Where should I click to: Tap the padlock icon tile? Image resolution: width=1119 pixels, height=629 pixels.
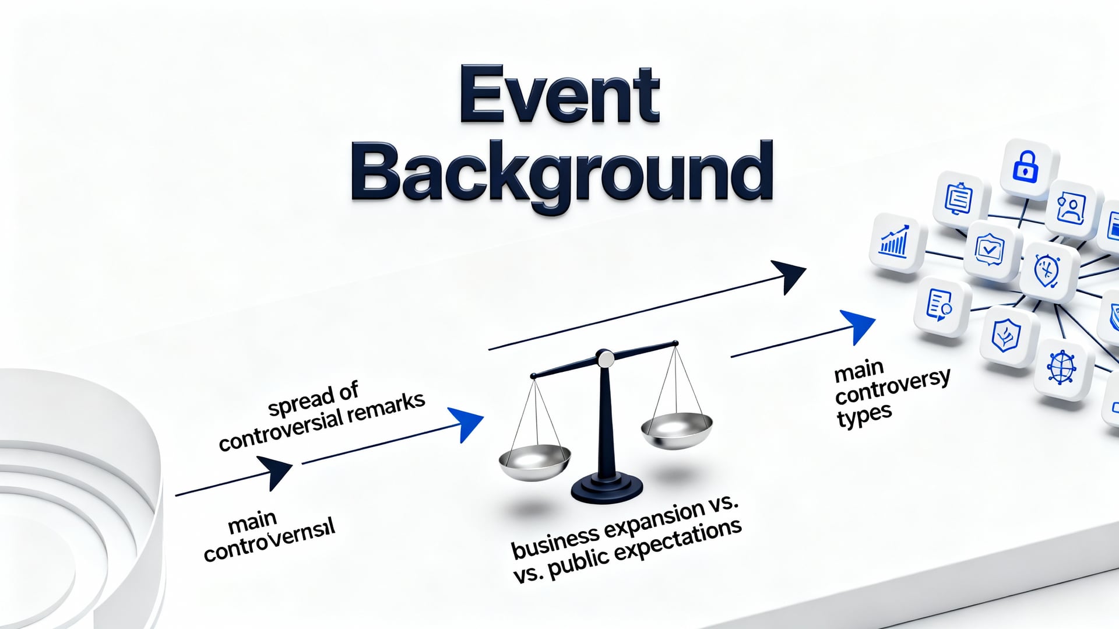pos(1026,166)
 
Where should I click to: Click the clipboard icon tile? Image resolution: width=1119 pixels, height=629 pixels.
pos(959,199)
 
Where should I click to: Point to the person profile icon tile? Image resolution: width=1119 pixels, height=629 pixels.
pos(1072,208)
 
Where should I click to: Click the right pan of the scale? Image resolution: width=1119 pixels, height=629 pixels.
pos(677,428)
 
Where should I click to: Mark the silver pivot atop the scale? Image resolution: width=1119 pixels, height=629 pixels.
pos(606,358)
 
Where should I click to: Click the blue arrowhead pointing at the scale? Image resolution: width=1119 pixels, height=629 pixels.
pos(466,423)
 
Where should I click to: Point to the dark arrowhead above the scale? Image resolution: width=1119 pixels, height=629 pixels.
pos(789,275)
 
